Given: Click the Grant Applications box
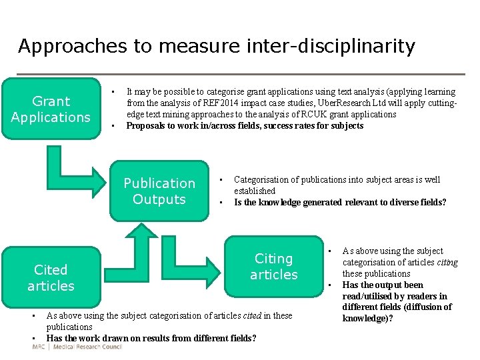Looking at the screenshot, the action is click(51, 109).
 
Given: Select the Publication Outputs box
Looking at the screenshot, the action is click(159, 191).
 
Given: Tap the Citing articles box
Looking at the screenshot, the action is click(273, 266).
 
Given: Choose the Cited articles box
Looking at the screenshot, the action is click(51, 277).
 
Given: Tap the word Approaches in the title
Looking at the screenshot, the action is click(63, 47).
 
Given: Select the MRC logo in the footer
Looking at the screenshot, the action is click(39, 347).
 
